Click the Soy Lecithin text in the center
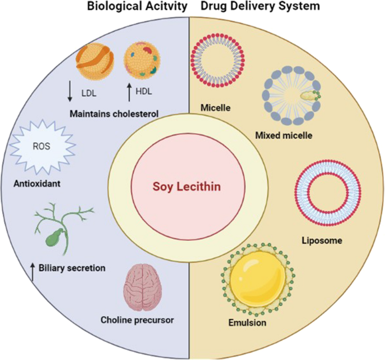coord(192,186)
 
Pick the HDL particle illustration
coord(142,61)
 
